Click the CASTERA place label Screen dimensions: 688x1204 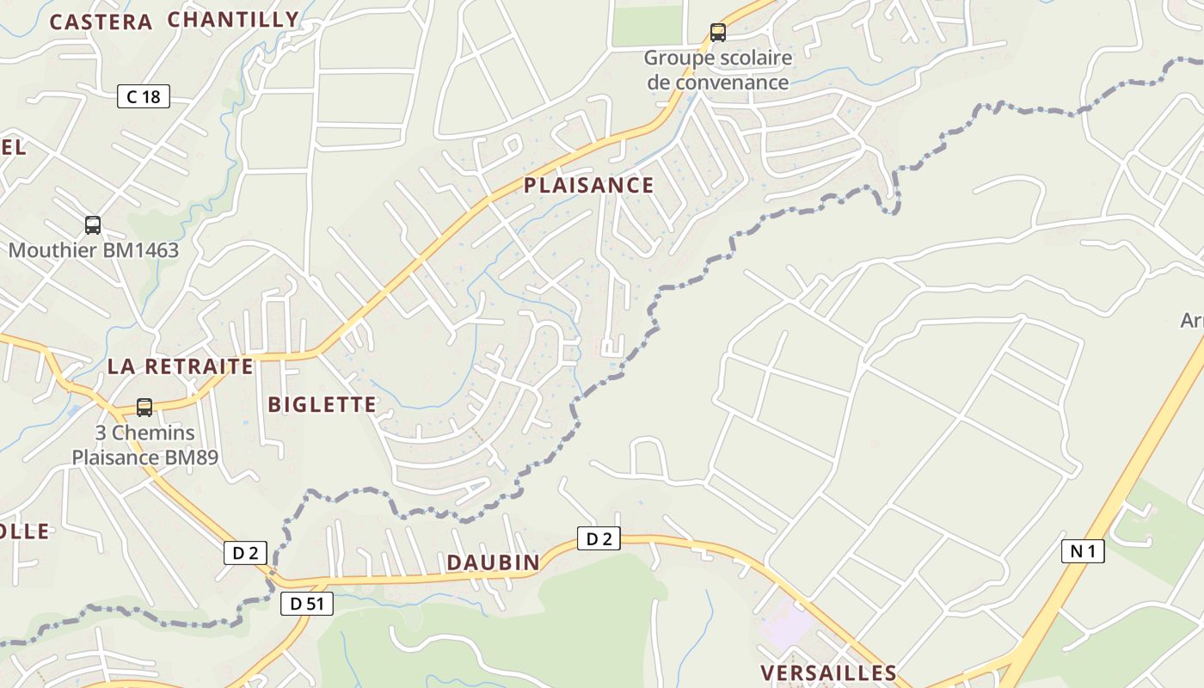[x=101, y=22]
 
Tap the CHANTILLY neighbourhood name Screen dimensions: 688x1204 [x=233, y=20]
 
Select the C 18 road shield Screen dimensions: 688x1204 [x=144, y=96]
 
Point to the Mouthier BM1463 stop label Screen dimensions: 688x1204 [x=94, y=250]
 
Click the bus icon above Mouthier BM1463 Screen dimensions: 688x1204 [x=93, y=225]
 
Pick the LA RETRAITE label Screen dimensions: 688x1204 [x=181, y=366]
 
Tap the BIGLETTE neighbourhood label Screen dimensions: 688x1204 [x=322, y=404]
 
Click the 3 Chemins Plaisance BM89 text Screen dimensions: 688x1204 [x=144, y=445]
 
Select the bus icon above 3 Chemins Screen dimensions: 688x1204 [x=144, y=407]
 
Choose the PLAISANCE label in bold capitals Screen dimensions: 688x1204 [x=588, y=185]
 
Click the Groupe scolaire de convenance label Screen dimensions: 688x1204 [x=717, y=71]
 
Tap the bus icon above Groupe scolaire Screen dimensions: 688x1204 [x=717, y=33]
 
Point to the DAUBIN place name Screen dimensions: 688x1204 [x=493, y=562]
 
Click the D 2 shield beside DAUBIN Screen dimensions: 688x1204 [x=598, y=539]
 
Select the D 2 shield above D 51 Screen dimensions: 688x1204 [x=245, y=553]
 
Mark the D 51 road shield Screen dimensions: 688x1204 [x=306, y=604]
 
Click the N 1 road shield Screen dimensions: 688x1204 [x=1083, y=551]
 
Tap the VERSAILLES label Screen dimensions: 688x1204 [x=828, y=673]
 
